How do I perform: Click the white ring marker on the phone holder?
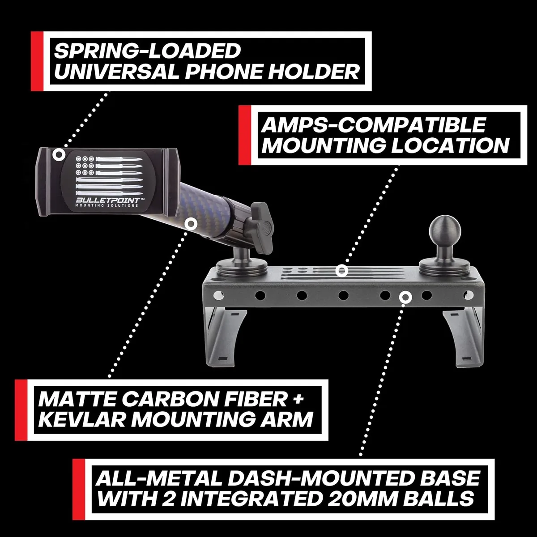(59, 154)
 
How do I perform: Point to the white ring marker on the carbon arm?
(191, 224)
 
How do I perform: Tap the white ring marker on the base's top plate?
(341, 270)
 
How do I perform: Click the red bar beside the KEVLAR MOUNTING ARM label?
(21, 410)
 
